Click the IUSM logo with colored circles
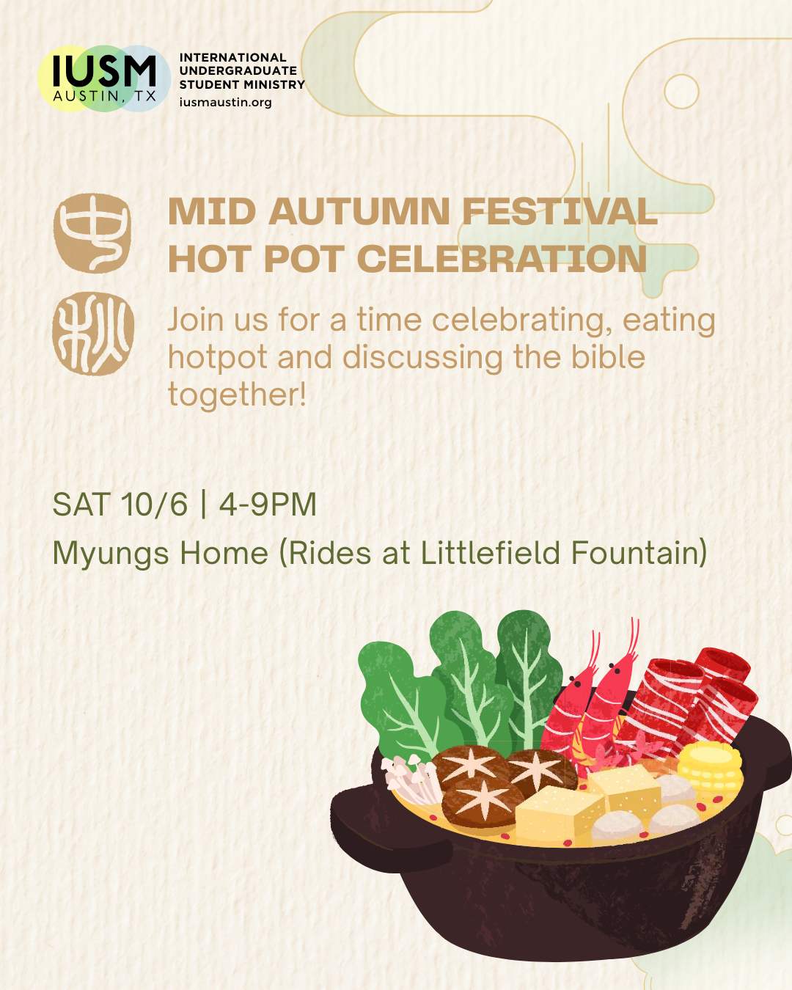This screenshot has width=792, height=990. tap(104, 78)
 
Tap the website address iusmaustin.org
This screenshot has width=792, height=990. tap(225, 103)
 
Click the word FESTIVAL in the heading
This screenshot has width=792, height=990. tap(560, 212)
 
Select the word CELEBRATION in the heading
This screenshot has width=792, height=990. tap(502, 260)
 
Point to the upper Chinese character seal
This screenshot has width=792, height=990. tap(92, 233)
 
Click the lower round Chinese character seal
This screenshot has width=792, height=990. tap(93, 334)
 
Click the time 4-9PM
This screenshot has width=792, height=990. tap(268, 505)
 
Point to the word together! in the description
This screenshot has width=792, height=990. tap(237, 395)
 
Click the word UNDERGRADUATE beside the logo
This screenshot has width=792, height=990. tap(238, 71)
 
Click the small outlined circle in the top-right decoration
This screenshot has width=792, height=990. tap(681, 92)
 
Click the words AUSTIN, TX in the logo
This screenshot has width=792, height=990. tap(104, 96)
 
